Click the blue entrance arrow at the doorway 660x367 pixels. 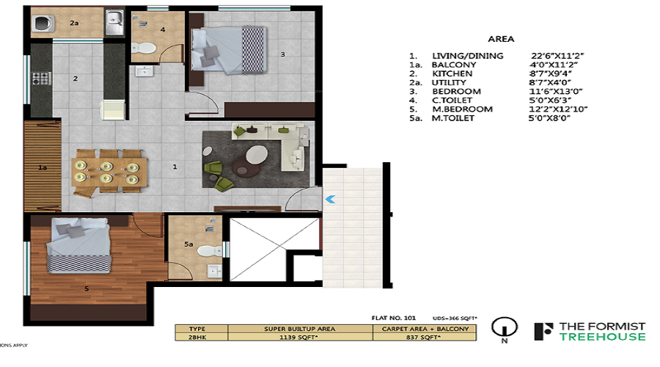[330, 197]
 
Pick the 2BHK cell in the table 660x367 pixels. [198, 338]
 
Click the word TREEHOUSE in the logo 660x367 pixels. [602, 337]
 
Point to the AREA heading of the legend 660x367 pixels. [501, 39]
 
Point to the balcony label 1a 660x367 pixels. [43, 168]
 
